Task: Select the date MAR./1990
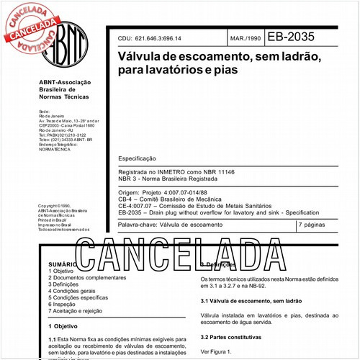[x=246, y=37]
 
